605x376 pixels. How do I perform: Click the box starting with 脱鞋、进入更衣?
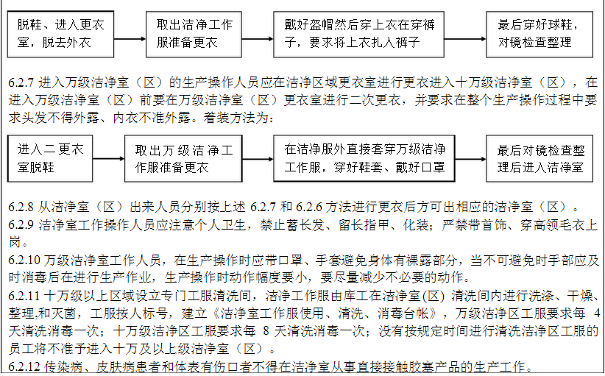click(61, 34)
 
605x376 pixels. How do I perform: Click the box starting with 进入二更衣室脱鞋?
click(51, 158)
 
